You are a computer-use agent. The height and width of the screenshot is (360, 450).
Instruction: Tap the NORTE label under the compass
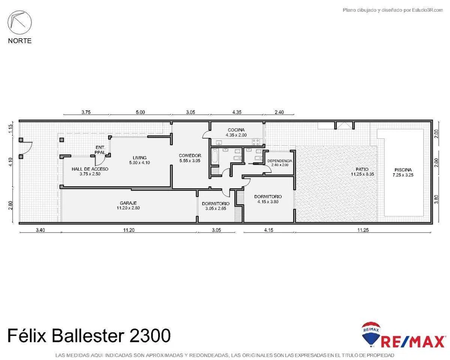(20, 41)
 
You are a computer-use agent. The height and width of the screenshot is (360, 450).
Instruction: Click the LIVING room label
(139, 158)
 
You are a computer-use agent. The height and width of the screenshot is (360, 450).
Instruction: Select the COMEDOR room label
(190, 155)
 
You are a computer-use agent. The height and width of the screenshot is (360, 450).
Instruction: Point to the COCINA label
(236, 130)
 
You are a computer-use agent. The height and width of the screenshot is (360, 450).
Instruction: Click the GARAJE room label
(128, 203)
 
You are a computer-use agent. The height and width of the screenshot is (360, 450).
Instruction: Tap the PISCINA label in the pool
(403, 170)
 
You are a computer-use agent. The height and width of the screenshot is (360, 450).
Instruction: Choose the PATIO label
(362, 169)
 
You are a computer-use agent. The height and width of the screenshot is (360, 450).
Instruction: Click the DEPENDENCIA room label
(280, 161)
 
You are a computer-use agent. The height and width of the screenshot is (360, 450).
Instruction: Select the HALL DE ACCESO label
(90, 169)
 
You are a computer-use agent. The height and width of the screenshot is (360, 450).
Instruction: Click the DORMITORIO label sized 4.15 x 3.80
(268, 196)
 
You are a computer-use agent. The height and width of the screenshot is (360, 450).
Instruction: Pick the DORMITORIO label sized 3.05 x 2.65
(216, 204)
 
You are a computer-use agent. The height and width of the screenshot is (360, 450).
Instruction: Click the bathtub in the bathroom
(215, 156)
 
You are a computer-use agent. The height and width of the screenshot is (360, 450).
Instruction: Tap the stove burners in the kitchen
(255, 142)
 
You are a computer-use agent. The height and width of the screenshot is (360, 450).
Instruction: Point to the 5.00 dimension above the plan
(140, 112)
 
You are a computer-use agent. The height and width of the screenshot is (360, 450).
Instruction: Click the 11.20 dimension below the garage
(129, 230)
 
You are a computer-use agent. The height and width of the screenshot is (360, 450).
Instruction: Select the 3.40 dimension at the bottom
(40, 230)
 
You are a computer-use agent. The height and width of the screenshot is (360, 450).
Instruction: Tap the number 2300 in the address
(150, 336)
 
